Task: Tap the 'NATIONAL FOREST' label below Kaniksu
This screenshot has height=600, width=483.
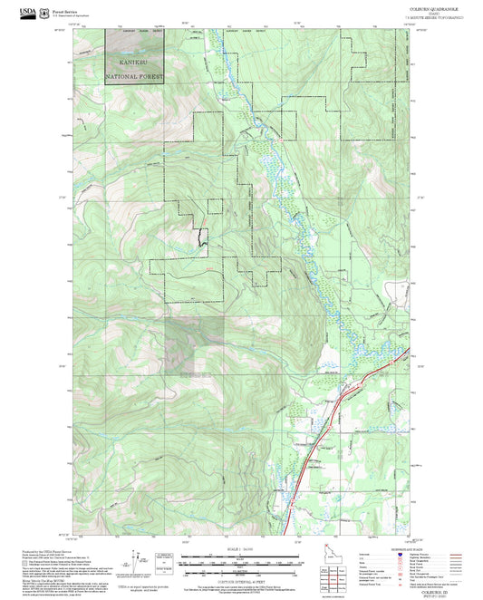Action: point(135,77)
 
